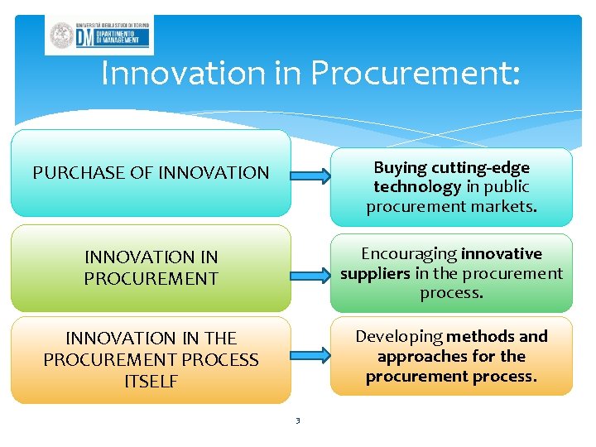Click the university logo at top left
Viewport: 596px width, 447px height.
pos(99,35)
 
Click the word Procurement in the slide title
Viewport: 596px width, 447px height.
pos(416,74)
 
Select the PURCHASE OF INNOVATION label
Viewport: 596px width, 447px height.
pos(151,173)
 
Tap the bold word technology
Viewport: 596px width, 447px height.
pos(417,187)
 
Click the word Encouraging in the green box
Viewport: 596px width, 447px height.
pos(409,253)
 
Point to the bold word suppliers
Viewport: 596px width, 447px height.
pos(375,273)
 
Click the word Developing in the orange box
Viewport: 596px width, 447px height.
pos(399,336)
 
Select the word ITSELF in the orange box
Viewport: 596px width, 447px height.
pos(151,382)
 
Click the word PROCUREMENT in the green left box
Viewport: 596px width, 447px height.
pos(151,278)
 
